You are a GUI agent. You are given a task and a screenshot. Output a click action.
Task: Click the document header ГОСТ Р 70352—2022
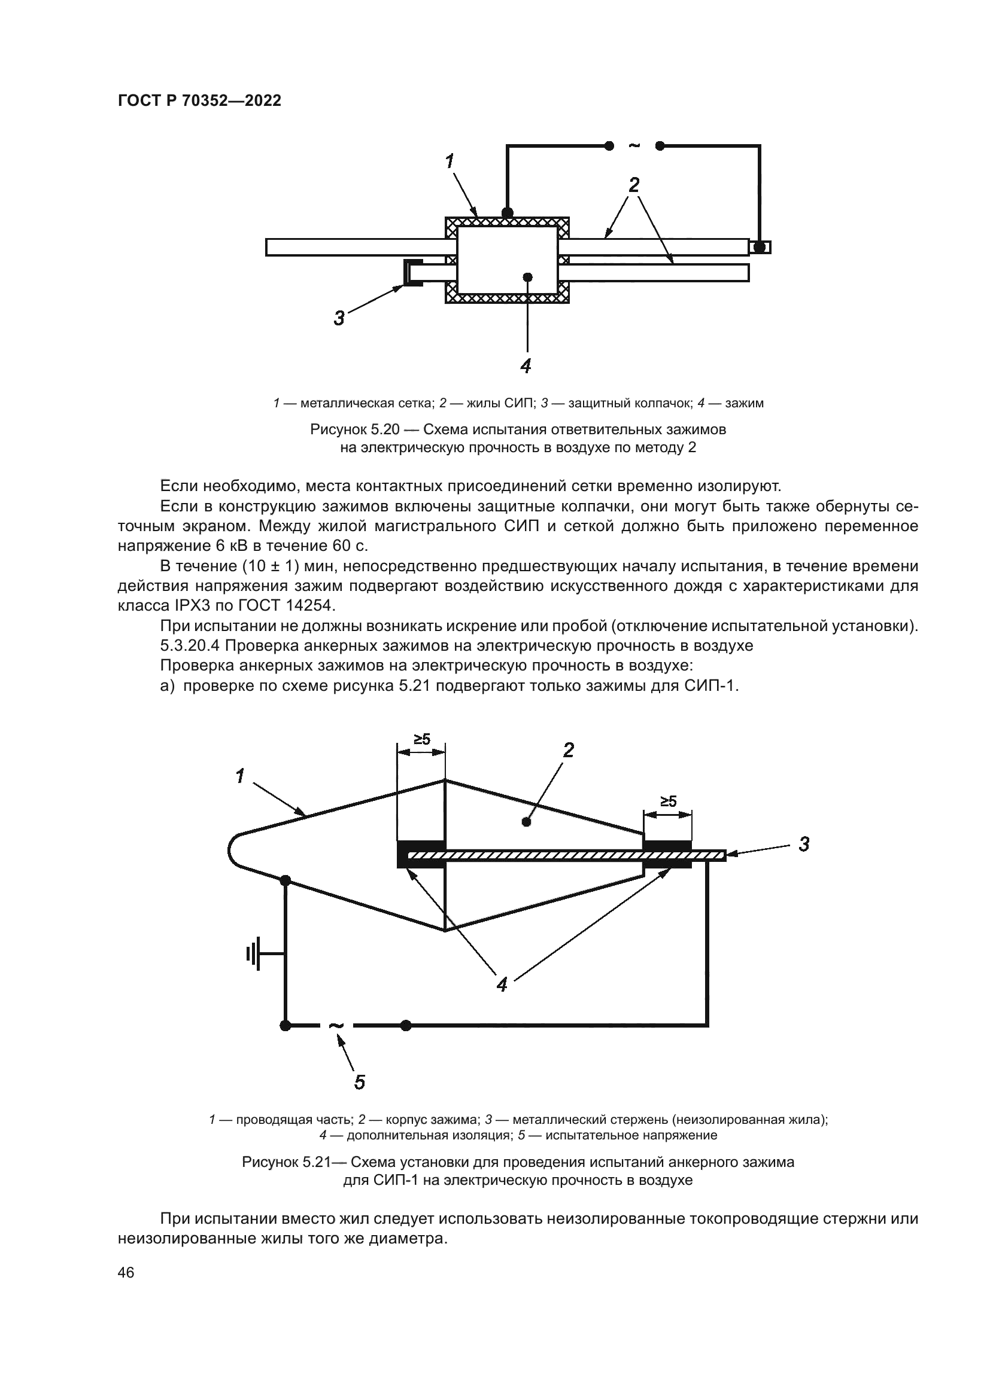click(x=199, y=101)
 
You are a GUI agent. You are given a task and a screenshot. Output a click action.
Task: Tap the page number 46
click(x=126, y=1273)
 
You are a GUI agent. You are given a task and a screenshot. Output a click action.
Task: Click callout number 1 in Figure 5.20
click(x=450, y=161)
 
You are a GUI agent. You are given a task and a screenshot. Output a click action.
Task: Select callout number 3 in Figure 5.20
click(x=339, y=318)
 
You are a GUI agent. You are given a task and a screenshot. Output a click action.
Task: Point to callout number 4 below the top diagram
click(x=526, y=365)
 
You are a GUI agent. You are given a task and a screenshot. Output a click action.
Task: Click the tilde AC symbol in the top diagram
click(x=634, y=145)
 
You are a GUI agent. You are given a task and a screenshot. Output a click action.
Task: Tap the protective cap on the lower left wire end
click(x=411, y=272)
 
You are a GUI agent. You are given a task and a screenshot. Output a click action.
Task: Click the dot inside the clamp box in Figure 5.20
click(x=528, y=277)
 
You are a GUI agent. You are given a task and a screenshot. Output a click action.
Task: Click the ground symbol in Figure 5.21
click(x=254, y=953)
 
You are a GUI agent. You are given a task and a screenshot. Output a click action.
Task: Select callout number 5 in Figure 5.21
click(x=360, y=1083)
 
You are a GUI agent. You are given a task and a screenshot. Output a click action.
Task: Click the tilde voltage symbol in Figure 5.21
click(x=336, y=1026)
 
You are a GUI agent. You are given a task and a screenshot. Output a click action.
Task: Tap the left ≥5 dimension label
click(x=422, y=740)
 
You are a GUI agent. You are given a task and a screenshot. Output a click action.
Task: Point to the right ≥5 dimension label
click(x=668, y=802)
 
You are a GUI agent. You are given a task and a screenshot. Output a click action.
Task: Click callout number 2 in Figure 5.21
click(x=568, y=750)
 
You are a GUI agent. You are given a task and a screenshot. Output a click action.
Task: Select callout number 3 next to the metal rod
click(x=804, y=845)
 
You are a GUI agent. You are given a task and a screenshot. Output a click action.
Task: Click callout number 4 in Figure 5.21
click(x=502, y=985)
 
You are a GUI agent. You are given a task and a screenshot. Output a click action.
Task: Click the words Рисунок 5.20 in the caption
click(x=354, y=429)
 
